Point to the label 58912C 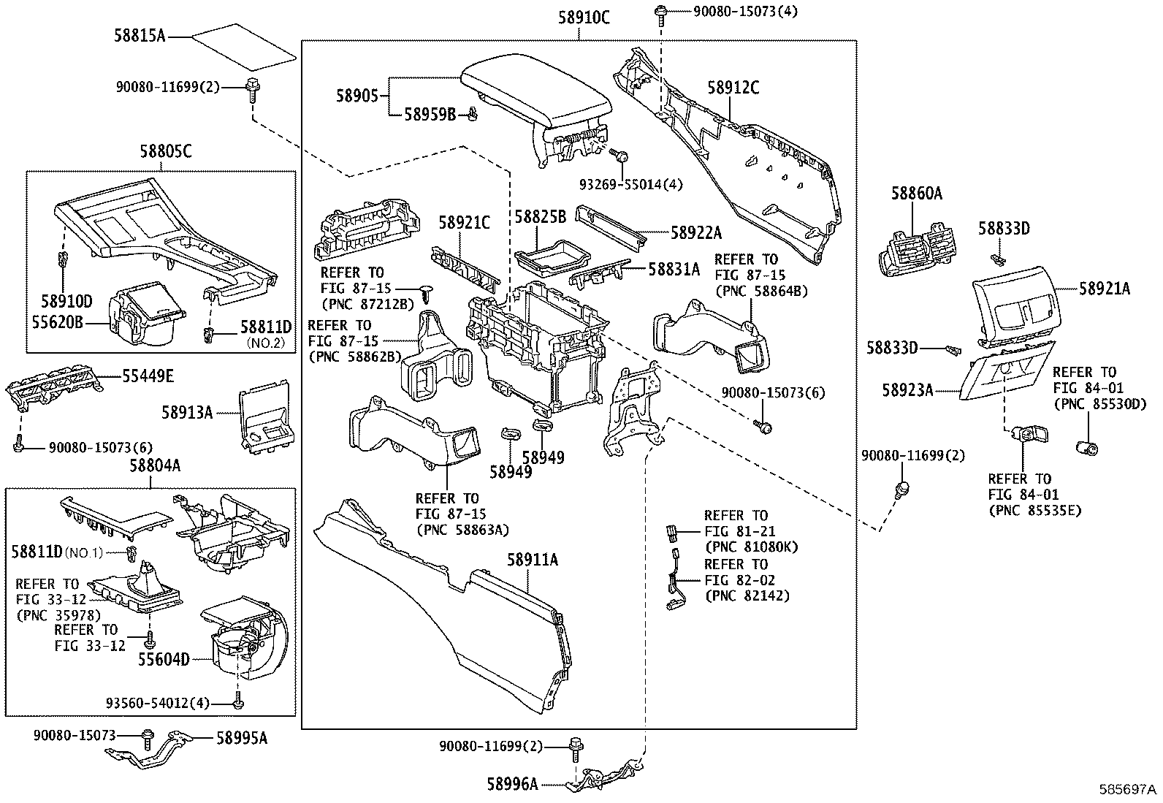pos(733,88)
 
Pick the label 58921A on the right pos(1105,289)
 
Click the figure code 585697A pos(1129,791)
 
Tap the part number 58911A pos(533,560)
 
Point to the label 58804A pos(155,465)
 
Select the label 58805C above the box pos(166,151)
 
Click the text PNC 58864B pos(761,291)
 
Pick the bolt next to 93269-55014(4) pos(622,156)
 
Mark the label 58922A pos(695,232)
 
